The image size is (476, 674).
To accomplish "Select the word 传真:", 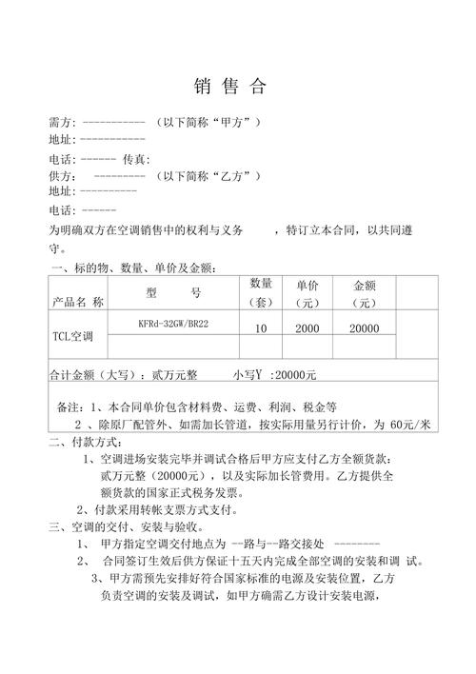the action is click(x=137, y=159).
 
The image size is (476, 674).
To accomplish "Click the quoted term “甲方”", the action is click(x=228, y=124).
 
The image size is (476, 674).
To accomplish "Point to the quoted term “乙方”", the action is click(x=229, y=176).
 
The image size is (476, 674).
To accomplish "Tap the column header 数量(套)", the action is click(x=261, y=293).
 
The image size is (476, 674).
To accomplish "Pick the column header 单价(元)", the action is click(x=307, y=294).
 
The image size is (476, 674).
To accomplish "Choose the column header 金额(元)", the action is click(x=367, y=294).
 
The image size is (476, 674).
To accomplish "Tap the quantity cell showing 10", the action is click(x=260, y=328).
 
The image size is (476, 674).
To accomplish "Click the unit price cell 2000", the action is click(x=307, y=328).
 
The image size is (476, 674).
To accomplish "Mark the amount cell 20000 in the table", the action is click(x=364, y=328).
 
